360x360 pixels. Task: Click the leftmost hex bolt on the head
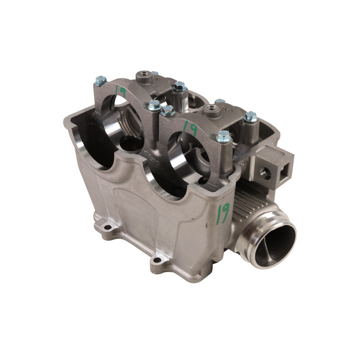pos(101,81)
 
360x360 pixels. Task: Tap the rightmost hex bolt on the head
pos(251,117)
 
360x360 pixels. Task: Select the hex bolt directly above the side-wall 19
pos(224,136)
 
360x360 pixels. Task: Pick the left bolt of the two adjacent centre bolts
pos(154,106)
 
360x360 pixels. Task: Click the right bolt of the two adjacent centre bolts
pos(168,111)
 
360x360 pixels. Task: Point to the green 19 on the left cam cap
pos(120,91)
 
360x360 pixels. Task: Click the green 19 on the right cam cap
pos(191,129)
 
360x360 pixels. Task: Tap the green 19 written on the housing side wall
pos(223,213)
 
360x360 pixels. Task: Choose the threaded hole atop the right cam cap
pos(211,108)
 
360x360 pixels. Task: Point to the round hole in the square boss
pos(265,173)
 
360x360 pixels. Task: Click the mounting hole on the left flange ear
pos(108,226)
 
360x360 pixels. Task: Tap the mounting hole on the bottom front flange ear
pos(157,260)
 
